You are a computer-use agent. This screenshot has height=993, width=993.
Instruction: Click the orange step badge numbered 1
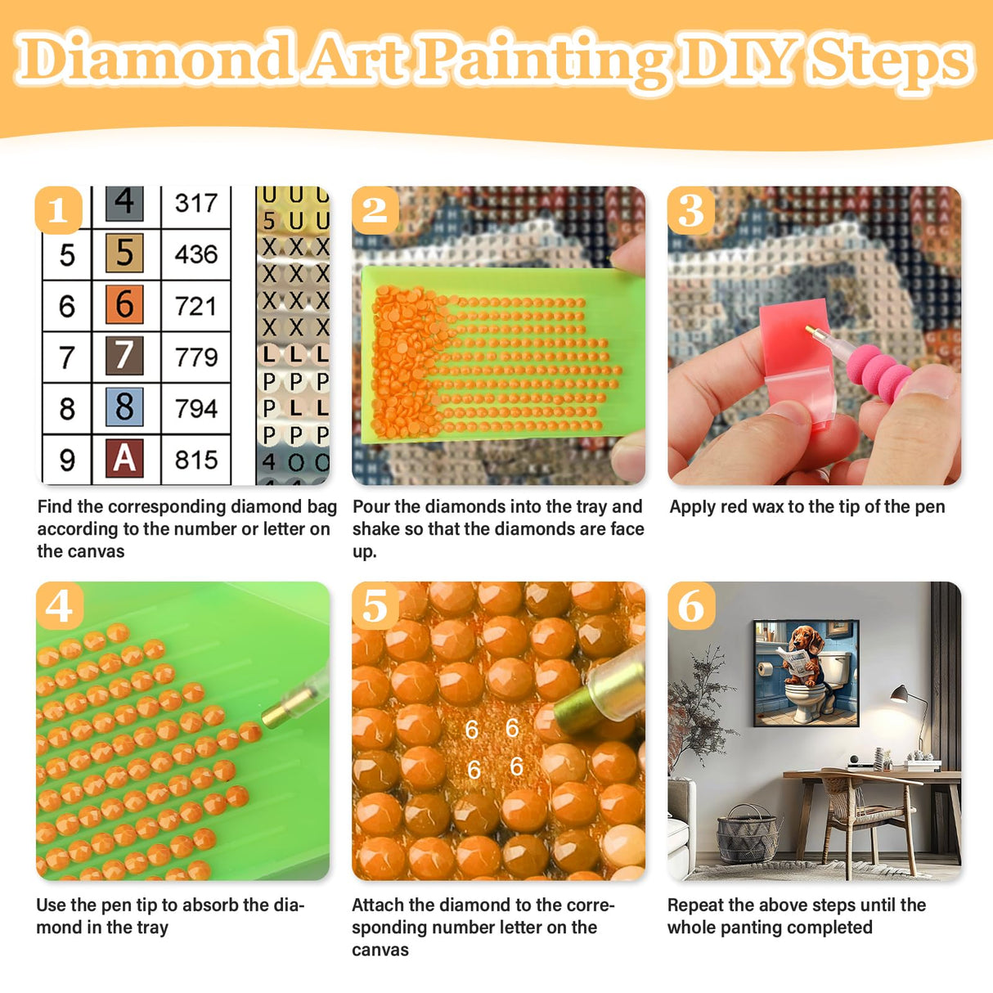coord(58,210)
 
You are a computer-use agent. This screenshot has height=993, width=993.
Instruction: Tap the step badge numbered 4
coord(59,606)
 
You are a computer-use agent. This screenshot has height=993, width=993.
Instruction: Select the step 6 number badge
coord(691,606)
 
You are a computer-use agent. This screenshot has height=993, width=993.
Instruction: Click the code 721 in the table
coord(195,306)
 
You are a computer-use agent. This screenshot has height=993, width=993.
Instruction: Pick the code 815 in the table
coord(195,460)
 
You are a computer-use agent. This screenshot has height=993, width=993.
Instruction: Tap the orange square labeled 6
coord(124,304)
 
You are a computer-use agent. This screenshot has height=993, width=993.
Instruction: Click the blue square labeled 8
coord(124,407)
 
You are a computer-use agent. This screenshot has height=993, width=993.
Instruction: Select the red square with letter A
coord(124,458)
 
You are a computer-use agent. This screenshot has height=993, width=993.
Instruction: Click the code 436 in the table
coord(195,254)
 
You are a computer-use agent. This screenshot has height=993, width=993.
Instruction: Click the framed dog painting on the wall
coord(806,672)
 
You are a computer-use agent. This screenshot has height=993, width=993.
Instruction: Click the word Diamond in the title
coord(155,59)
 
